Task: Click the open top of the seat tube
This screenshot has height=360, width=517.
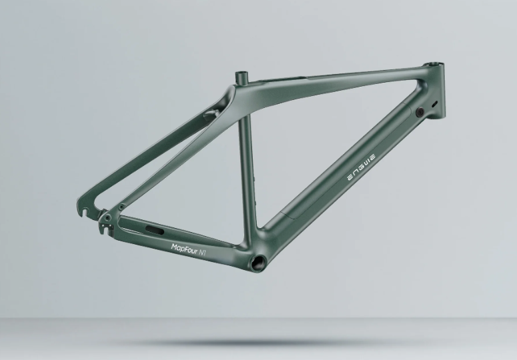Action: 241,73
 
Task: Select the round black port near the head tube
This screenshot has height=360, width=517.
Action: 420,112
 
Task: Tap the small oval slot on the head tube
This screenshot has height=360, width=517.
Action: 435,104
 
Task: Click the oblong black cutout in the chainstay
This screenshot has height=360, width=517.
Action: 154,230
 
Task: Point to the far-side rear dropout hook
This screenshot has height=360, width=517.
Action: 85,211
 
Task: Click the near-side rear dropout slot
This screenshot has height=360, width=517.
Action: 105,229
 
